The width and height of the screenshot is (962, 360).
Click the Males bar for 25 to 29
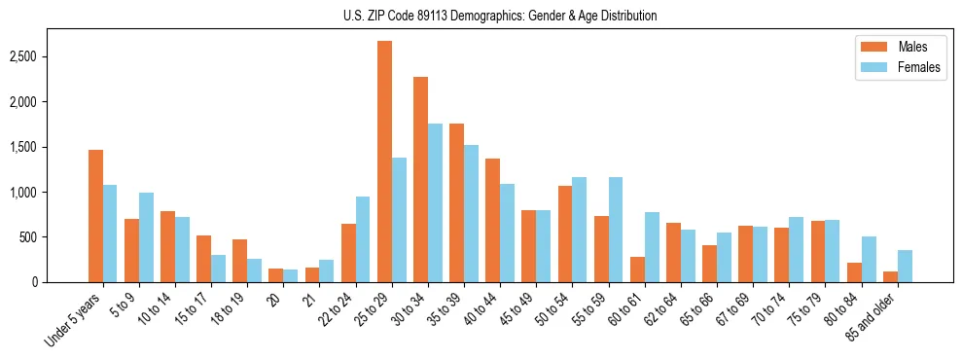click(x=384, y=162)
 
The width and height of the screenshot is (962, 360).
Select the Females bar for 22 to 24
click(x=363, y=239)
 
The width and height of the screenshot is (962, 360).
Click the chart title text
click(x=500, y=16)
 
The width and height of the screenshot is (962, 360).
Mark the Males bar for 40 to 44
click(x=492, y=220)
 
